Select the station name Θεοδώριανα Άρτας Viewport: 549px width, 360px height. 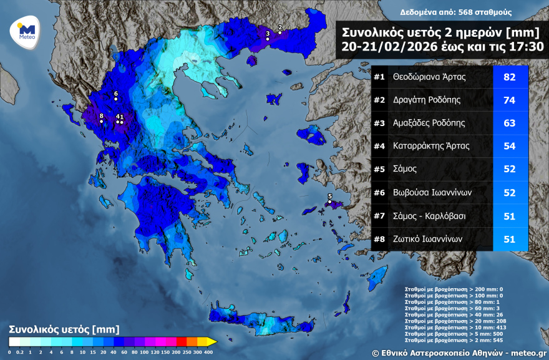point(429,77)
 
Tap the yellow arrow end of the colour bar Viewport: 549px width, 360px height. point(211,341)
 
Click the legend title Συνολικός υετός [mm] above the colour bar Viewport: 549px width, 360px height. point(64,329)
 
